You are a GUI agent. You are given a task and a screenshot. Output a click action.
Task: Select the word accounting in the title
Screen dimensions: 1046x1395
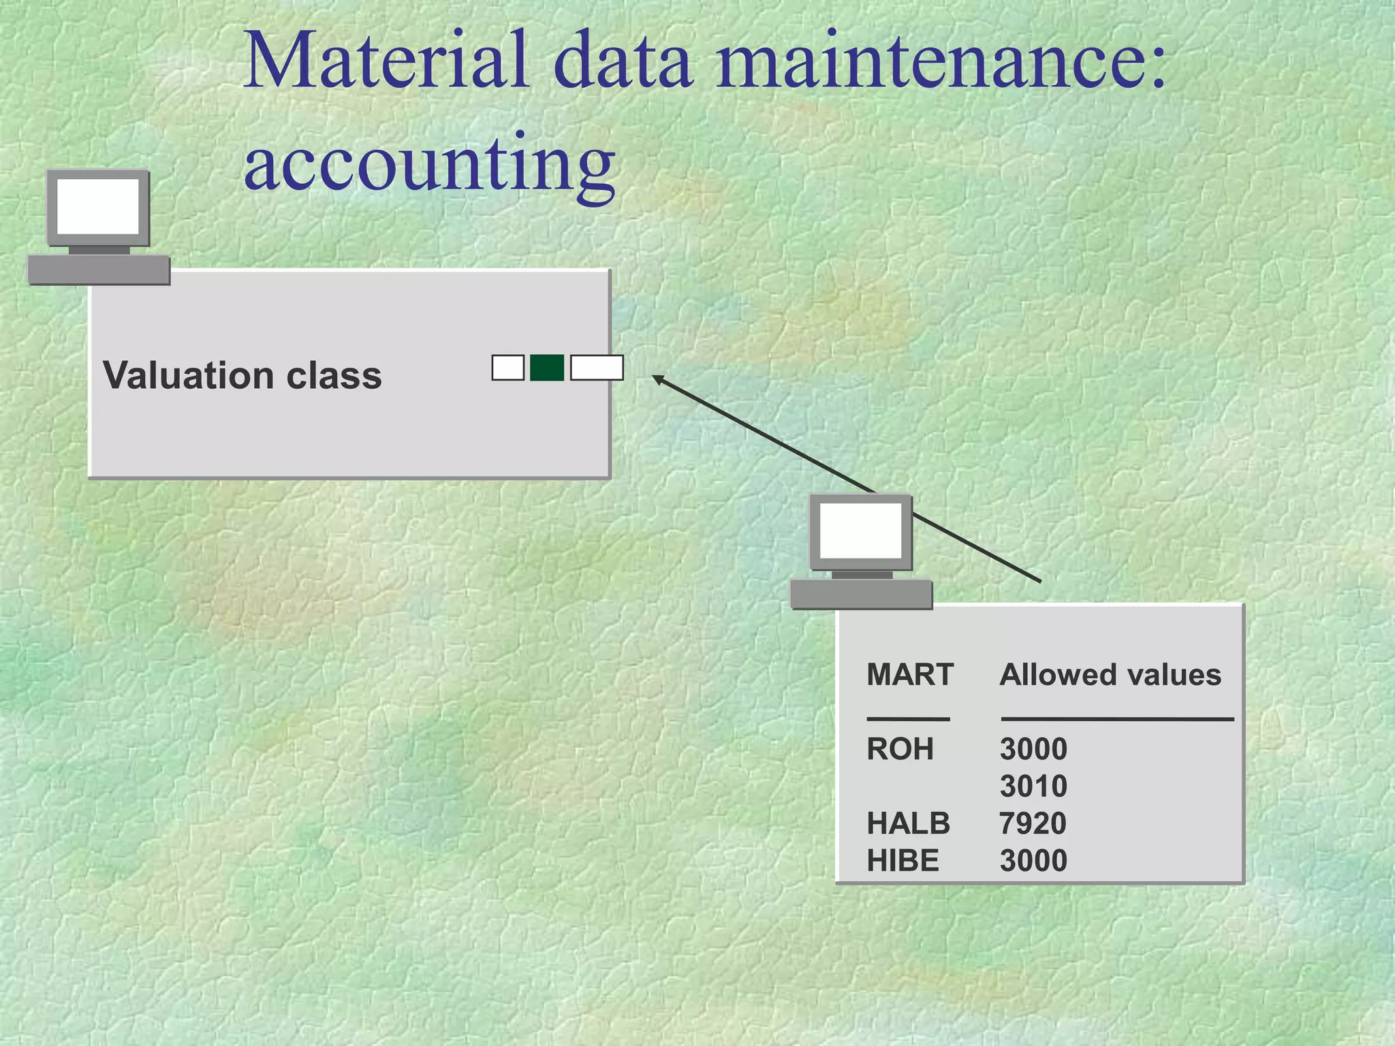pyautogui.click(x=430, y=163)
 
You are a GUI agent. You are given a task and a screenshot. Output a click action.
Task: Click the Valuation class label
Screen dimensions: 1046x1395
pyautogui.click(x=242, y=375)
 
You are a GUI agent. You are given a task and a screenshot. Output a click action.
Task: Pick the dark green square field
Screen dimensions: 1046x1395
pyautogui.click(x=547, y=368)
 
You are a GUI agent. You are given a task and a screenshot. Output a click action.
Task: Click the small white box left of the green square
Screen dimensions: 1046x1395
pyautogui.click(x=508, y=368)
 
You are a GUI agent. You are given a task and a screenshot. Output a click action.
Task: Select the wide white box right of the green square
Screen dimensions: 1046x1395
pyautogui.click(x=597, y=368)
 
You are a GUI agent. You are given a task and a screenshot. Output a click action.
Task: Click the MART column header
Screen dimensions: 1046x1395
pyautogui.click(x=910, y=675)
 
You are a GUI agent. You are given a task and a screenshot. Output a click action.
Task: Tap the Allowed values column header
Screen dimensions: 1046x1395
pyautogui.click(x=1110, y=675)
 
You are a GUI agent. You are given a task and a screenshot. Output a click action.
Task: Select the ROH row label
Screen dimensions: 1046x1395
pyautogui.click(x=900, y=749)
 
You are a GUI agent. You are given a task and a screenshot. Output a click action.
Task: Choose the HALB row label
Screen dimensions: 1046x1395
pyautogui.click(x=908, y=823)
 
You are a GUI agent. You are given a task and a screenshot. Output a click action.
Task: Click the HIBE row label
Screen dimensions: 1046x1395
pyautogui.click(x=903, y=861)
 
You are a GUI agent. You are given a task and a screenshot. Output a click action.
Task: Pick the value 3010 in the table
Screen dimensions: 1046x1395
pyautogui.click(x=1033, y=787)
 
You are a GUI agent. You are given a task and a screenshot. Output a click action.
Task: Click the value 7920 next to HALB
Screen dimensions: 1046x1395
pyautogui.click(x=1033, y=823)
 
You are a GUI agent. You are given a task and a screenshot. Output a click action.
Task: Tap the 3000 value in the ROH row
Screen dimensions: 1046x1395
pyautogui.click(x=1033, y=749)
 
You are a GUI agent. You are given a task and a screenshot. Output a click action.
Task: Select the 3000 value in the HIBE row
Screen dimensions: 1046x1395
pyautogui.click(x=1033, y=861)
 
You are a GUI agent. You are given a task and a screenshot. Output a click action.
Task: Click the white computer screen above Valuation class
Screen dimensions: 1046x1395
pyautogui.click(x=98, y=206)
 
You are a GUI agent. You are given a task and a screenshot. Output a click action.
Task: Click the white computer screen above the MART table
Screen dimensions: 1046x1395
pyautogui.click(x=861, y=531)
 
